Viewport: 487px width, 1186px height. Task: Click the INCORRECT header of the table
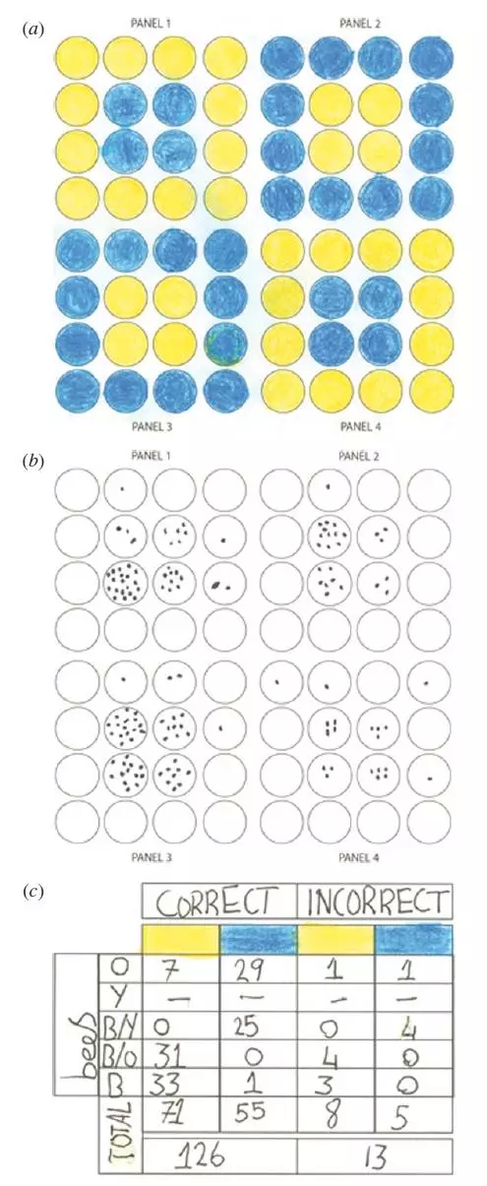[x=375, y=902]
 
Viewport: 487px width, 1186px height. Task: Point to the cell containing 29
[x=257, y=970]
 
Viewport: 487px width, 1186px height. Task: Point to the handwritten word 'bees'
[x=80, y=1040]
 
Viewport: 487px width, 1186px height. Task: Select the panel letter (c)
[x=32, y=892]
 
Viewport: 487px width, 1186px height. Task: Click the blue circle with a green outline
[x=226, y=344]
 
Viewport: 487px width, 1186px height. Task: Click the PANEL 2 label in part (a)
[x=360, y=23]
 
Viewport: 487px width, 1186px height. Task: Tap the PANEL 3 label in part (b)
[x=152, y=857]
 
